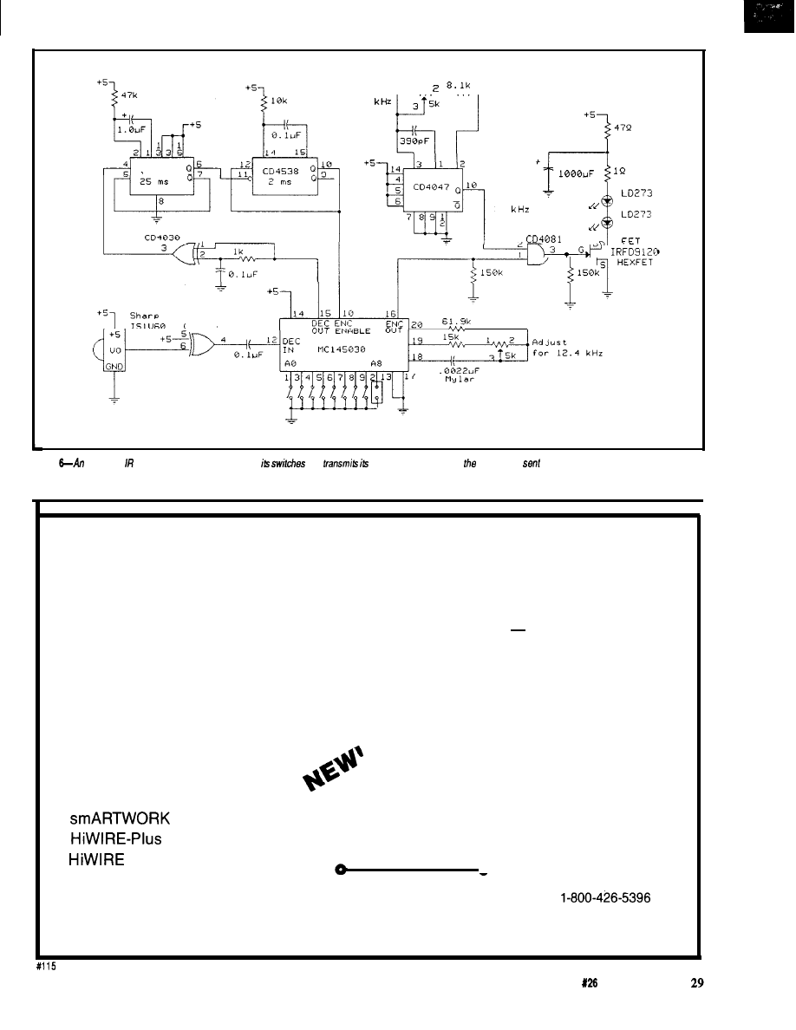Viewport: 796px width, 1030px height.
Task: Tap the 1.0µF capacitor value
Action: tap(134, 133)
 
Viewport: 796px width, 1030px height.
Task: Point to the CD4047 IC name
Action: tap(431, 186)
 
